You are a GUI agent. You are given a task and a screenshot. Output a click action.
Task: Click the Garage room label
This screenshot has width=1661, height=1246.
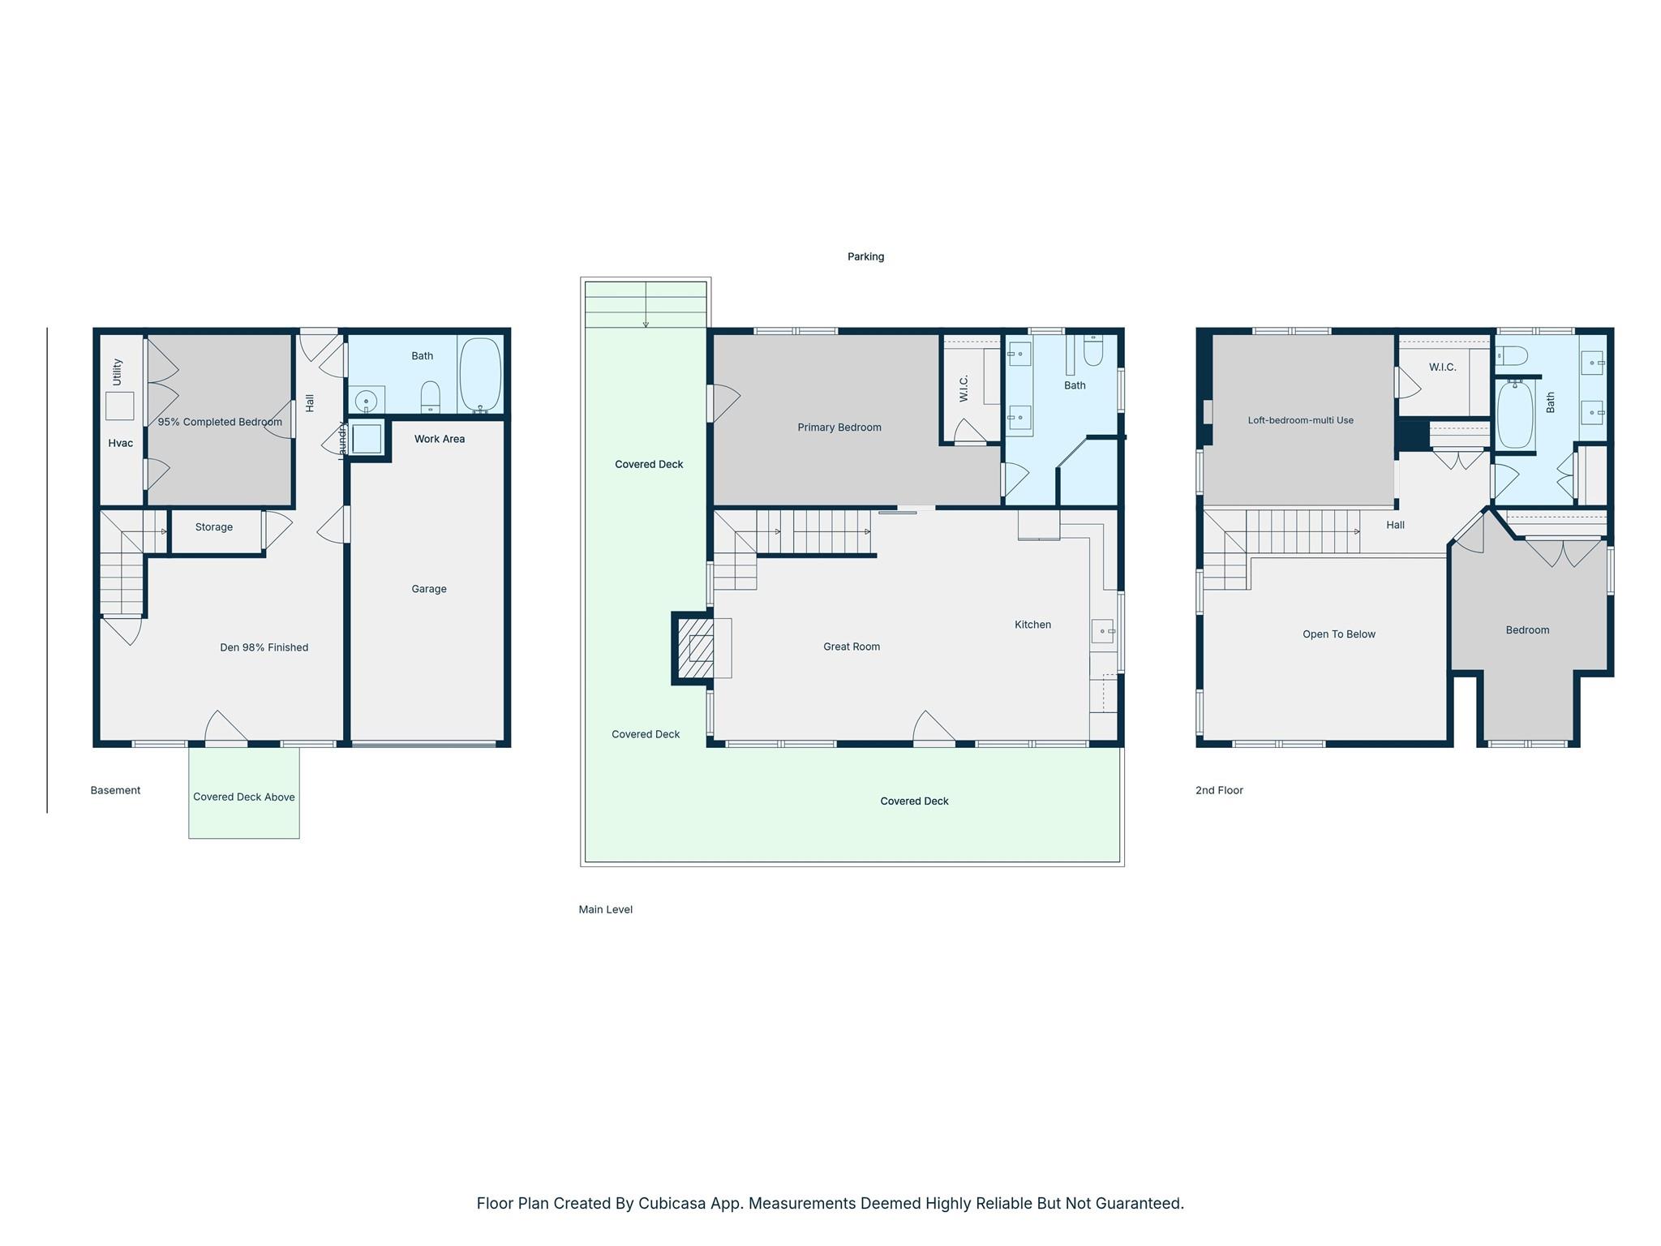pyautogui.click(x=428, y=589)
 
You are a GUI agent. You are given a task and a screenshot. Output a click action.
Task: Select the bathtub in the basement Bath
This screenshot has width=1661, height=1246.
pyautogui.click(x=480, y=375)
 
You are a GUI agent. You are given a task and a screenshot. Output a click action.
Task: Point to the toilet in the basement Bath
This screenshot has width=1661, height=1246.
pyautogui.click(x=431, y=397)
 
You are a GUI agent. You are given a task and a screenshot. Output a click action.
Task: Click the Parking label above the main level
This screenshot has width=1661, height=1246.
pyautogui.click(x=865, y=256)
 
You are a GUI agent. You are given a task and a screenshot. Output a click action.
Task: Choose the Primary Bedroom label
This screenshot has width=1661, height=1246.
pyautogui.click(x=839, y=428)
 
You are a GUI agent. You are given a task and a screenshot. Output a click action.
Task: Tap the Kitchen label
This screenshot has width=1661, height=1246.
pyautogui.click(x=1032, y=625)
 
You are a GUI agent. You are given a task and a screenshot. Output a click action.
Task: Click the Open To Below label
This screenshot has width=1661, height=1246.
pyautogui.click(x=1338, y=634)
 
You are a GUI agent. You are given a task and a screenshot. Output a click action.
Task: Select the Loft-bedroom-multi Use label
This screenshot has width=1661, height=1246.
pyautogui.click(x=1300, y=420)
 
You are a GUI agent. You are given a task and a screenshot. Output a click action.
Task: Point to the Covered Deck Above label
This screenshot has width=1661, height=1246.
pyautogui.click(x=243, y=797)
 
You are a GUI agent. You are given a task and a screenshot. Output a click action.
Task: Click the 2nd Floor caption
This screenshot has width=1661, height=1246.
pyautogui.click(x=1218, y=790)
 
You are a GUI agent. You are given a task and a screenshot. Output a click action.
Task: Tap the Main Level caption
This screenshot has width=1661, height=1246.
pyautogui.click(x=605, y=909)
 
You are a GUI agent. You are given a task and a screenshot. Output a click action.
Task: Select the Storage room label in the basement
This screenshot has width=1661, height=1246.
pyautogui.click(x=213, y=527)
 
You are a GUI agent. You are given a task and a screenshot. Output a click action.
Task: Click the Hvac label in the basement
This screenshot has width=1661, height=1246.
pyautogui.click(x=120, y=443)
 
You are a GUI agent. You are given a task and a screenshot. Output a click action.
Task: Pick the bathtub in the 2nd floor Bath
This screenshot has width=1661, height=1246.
pyautogui.click(x=1515, y=415)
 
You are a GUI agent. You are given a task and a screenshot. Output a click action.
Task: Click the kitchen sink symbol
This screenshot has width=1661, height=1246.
pyautogui.click(x=1103, y=630)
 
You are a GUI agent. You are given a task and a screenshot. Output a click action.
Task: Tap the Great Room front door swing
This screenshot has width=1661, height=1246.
pyautogui.click(x=934, y=727)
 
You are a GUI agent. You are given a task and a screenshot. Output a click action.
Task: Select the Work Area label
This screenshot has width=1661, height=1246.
pyautogui.click(x=439, y=439)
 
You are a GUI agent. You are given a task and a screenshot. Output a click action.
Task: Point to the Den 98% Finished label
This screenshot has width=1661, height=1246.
pyautogui.click(x=264, y=647)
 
